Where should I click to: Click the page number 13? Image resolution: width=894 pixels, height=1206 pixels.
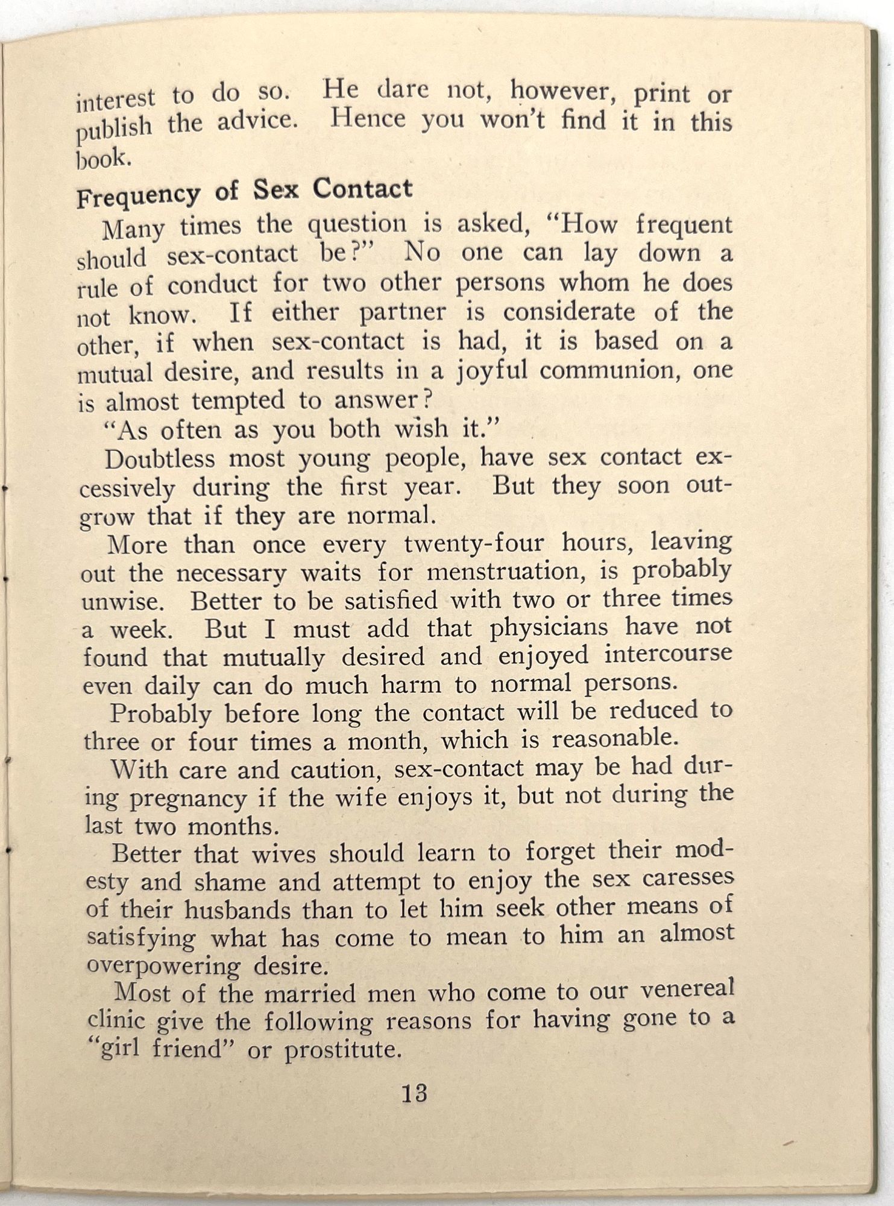point(414,1093)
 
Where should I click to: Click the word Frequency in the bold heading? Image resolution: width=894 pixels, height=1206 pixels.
point(139,194)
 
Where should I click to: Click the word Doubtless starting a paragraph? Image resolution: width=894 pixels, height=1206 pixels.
point(160,459)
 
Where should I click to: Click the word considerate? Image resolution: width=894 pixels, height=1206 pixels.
point(570,312)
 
